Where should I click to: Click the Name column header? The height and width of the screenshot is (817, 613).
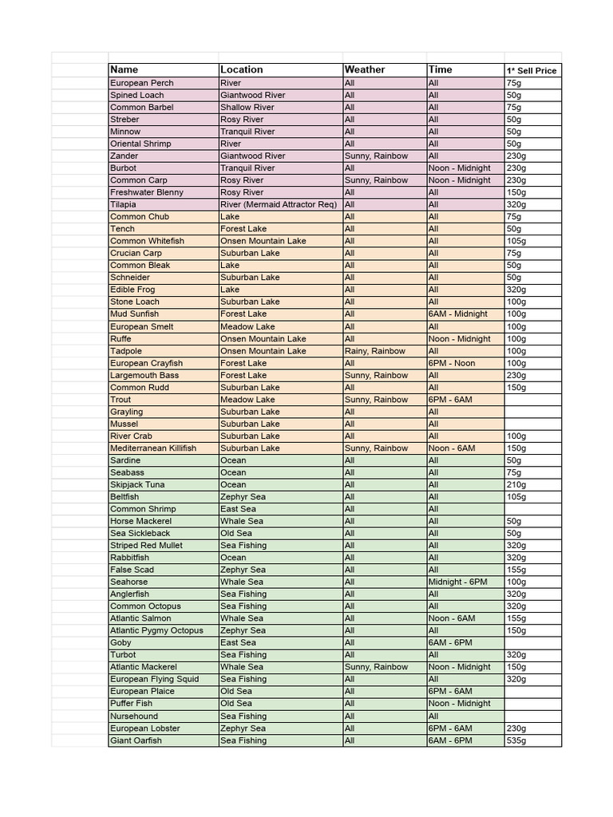point(125,70)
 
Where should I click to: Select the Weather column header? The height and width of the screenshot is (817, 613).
point(365,70)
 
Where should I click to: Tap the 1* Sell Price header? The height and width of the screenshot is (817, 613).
point(532,71)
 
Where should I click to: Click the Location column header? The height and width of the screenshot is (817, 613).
point(242,70)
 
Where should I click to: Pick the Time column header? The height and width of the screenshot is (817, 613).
point(441,70)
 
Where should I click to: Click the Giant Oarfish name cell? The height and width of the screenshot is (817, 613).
point(136,740)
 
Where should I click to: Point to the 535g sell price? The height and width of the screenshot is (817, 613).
point(516,740)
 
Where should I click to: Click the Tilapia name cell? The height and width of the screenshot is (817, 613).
point(124,204)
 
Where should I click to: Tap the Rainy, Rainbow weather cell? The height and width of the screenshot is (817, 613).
point(375,351)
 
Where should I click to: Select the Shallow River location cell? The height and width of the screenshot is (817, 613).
point(247,107)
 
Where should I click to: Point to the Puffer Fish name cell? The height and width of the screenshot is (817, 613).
point(132,704)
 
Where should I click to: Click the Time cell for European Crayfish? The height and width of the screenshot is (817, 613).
point(453,363)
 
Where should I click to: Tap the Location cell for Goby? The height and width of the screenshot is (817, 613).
point(239,643)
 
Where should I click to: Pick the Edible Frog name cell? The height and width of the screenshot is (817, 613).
point(133,290)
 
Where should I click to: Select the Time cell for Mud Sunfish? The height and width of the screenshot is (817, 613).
point(459,314)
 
